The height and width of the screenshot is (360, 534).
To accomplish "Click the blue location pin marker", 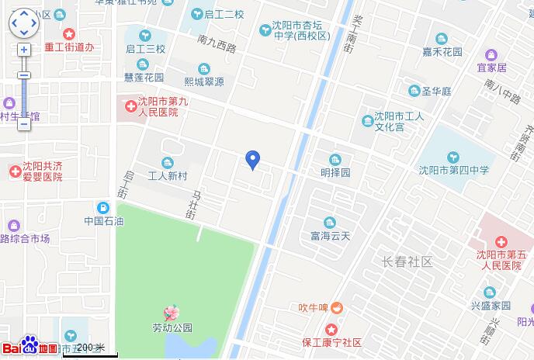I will point(251,159).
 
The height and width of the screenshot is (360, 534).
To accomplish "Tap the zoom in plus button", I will point(24,49).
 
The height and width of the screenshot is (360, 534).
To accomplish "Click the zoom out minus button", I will point(24,123).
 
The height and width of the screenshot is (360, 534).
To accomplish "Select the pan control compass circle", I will point(24,22).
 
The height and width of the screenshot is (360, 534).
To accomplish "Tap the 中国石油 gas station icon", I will point(104,207).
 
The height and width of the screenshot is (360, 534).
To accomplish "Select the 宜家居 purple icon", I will point(491,54).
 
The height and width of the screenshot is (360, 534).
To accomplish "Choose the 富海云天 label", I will point(331,236).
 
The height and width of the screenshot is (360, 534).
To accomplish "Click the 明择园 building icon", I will point(335,160).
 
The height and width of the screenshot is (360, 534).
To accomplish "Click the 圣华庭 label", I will point(435,92).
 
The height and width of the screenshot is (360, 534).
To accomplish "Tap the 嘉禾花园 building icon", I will point(442,39).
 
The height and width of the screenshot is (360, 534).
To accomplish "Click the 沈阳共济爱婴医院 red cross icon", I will point(13,171).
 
